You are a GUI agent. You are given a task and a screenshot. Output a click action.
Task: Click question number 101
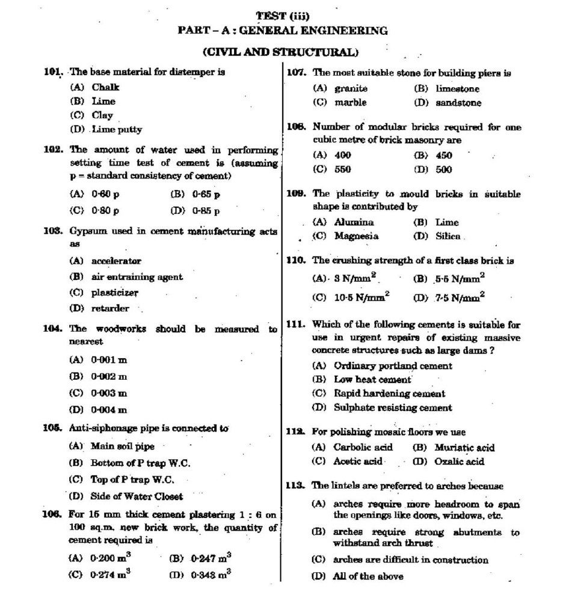tap(53, 72)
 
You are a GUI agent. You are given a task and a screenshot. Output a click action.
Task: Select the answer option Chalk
tap(105, 87)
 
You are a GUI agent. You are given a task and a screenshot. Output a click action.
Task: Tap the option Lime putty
tap(117, 129)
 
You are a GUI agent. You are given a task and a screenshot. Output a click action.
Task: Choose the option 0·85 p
tap(206, 211)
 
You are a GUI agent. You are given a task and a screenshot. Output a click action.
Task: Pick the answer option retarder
tap(109, 308)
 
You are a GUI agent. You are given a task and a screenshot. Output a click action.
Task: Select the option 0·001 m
tap(109, 360)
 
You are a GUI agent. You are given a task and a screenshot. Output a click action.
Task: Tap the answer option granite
tap(351, 88)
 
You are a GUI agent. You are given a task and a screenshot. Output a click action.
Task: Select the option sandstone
tap(458, 103)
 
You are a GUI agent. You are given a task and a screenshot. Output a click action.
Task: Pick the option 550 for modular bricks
tap(342, 169)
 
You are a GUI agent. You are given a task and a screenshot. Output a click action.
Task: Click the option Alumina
tap(354, 222)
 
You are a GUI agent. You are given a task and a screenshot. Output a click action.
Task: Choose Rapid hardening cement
tap(389, 394)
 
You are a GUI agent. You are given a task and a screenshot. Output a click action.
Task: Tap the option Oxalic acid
tap(460, 462)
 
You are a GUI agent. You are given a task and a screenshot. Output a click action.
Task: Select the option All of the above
tap(368, 576)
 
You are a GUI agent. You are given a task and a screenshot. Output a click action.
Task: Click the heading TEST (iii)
tap(283, 16)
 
